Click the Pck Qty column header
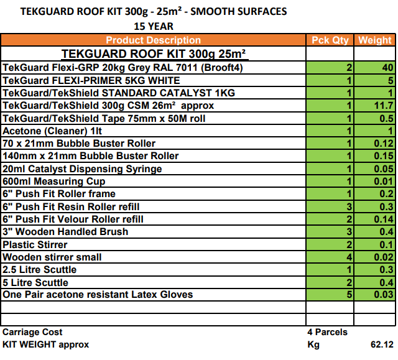pos(330,40)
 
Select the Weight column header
pos(375,40)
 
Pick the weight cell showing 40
pos(387,68)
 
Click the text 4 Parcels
pos(327,332)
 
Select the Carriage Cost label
pos(32,332)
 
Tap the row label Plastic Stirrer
pos(35,244)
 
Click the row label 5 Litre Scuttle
pos(35,282)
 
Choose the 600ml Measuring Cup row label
pos(54,182)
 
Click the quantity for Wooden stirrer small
pos(349,257)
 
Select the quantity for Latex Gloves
pos(349,295)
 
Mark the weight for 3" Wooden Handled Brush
pos(386,232)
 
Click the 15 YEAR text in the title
pos(154,26)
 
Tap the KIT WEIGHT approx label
pos(45,344)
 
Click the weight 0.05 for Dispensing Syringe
pos(384,169)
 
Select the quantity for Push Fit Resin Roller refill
pos(349,206)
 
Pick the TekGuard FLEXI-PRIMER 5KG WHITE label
pos(91,80)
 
